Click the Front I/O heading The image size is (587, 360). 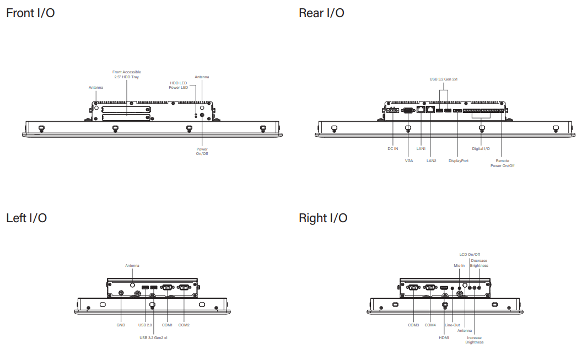(x=30, y=13)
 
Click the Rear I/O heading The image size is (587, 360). (x=321, y=13)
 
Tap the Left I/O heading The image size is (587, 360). (x=26, y=218)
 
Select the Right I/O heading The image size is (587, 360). (x=323, y=218)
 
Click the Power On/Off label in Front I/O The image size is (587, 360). (x=202, y=151)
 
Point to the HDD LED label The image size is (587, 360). (x=179, y=83)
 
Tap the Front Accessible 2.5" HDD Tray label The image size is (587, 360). (x=127, y=74)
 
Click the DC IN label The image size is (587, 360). (x=392, y=148)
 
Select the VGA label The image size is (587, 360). (x=409, y=160)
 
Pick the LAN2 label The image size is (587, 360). (x=431, y=160)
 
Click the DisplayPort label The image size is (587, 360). (x=458, y=160)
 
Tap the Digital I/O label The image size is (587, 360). (x=481, y=148)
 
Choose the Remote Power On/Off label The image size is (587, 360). (x=502, y=163)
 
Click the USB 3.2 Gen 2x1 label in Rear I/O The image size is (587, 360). (x=444, y=79)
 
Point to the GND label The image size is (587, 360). (x=121, y=325)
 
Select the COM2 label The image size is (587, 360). (x=184, y=325)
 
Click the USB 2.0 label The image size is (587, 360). (x=146, y=325)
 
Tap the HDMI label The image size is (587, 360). (x=444, y=337)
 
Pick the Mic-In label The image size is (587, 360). (x=459, y=266)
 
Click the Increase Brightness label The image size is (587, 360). (x=474, y=340)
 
